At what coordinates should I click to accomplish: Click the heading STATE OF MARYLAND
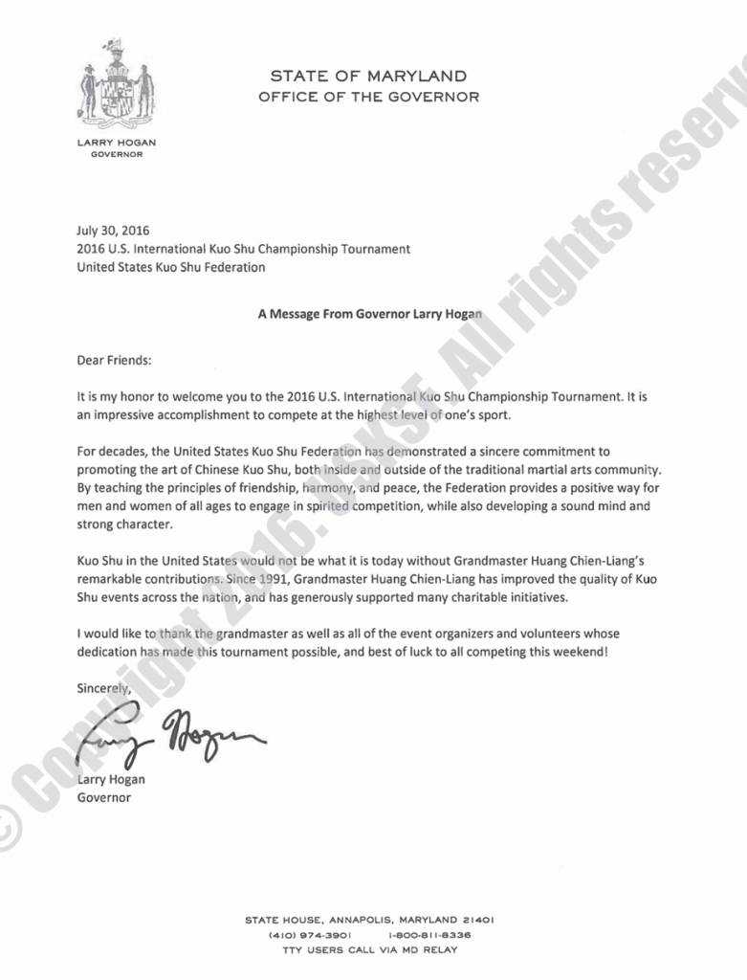pos(368,76)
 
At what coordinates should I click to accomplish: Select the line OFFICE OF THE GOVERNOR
pos(368,96)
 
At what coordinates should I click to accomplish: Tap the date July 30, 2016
pos(113,231)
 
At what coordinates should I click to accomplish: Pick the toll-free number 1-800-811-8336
pos(430,935)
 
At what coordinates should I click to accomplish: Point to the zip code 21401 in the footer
pos(475,920)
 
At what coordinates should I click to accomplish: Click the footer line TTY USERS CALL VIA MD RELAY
pos(370,950)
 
